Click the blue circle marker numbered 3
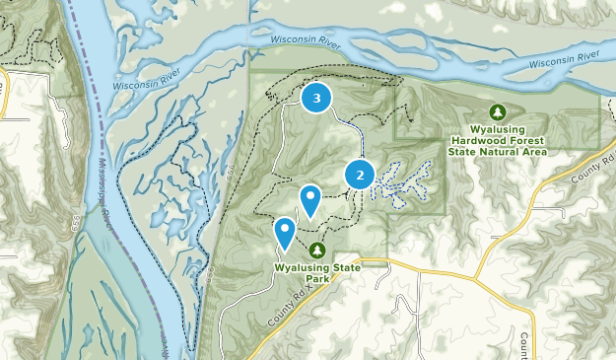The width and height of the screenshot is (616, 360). (x=316, y=99)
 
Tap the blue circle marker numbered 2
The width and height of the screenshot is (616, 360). (x=360, y=176)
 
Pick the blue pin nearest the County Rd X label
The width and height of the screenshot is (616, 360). (x=285, y=232)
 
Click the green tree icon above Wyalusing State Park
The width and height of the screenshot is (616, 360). (x=317, y=249)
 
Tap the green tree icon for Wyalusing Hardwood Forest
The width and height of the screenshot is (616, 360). (x=499, y=111)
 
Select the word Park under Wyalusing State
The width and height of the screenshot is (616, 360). (x=317, y=279)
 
